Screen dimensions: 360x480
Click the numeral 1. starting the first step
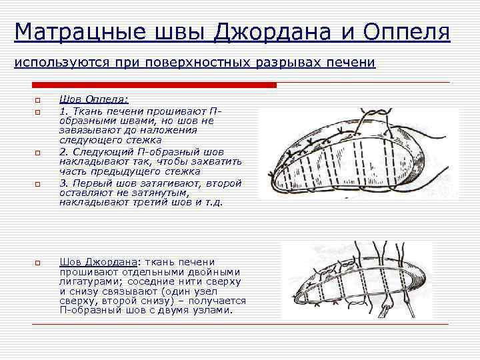tap(63, 110)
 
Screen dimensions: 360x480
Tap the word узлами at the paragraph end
tap(213, 311)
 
